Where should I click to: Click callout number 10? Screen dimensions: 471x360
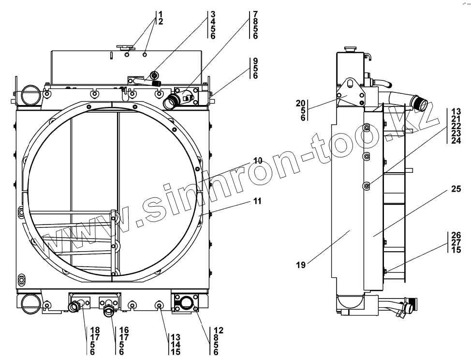tap(258, 161)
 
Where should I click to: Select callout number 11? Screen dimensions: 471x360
tap(257, 201)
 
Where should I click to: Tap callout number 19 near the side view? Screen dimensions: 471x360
tap(301, 265)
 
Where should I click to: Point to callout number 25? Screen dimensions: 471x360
tap(456, 189)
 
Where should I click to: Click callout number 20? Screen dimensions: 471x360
tap(301, 104)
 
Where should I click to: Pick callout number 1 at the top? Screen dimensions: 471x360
tap(161, 14)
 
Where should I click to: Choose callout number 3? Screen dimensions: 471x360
tap(213, 14)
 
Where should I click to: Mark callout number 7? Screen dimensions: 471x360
tap(255, 14)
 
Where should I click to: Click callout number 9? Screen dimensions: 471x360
tap(255, 61)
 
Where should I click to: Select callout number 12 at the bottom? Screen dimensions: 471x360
tap(219, 330)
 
